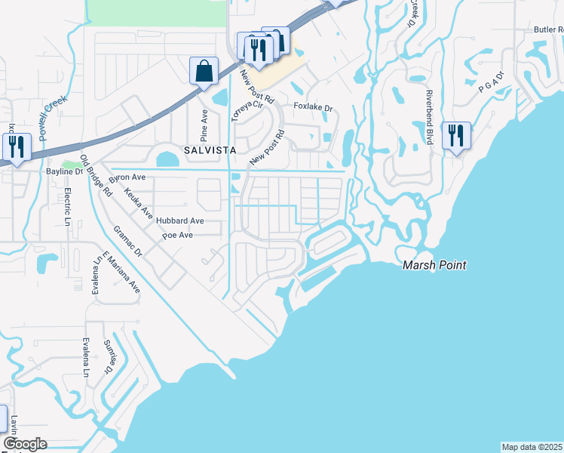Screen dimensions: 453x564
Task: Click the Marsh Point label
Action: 434,265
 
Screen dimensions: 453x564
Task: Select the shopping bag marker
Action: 204,72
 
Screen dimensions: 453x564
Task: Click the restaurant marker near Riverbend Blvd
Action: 456,137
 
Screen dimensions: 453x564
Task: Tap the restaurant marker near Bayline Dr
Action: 15,146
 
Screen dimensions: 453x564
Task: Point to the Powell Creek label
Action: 54,116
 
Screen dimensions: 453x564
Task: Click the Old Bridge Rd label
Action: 97,176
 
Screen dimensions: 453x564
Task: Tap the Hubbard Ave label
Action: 180,221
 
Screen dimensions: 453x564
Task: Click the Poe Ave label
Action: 178,236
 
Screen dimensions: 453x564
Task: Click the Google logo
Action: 25,444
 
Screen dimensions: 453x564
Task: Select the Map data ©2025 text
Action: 532,447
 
